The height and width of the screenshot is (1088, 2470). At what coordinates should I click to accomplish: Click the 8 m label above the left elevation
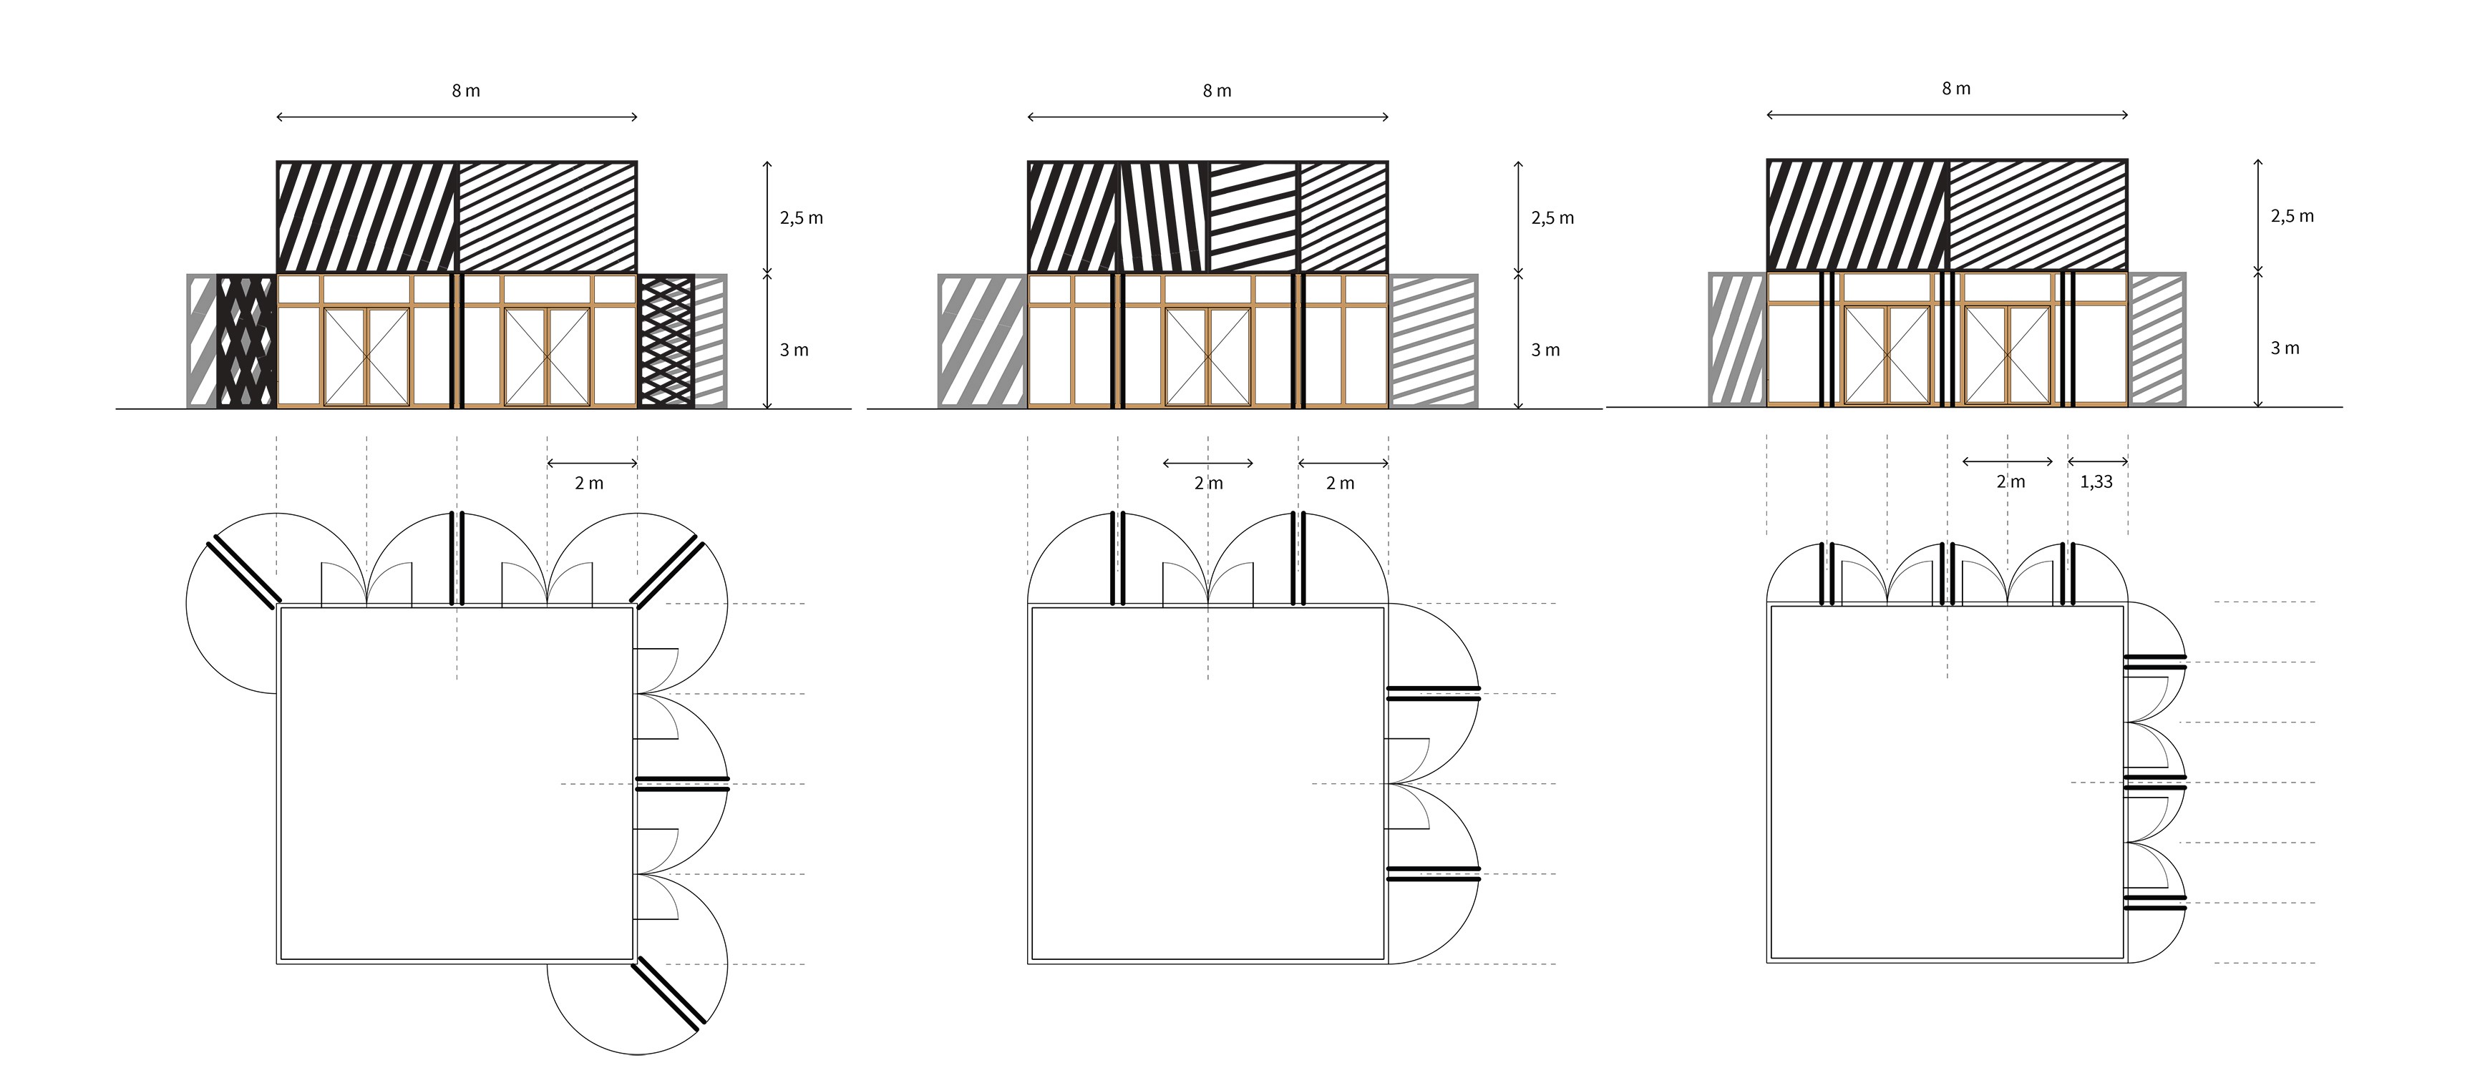click(466, 91)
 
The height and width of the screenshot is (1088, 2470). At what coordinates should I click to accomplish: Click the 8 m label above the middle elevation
click(1217, 91)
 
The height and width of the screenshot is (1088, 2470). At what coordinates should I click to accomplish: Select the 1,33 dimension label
click(2096, 482)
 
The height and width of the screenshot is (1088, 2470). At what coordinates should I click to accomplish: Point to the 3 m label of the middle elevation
click(1545, 351)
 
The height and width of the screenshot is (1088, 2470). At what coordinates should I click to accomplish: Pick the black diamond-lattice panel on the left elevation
click(246, 341)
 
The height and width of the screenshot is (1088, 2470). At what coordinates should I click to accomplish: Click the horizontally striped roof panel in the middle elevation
click(1253, 217)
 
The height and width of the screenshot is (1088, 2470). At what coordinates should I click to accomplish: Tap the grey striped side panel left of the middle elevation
click(982, 341)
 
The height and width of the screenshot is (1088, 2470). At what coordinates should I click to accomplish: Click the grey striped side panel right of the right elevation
click(2157, 339)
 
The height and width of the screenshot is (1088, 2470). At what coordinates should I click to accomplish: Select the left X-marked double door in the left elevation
click(366, 357)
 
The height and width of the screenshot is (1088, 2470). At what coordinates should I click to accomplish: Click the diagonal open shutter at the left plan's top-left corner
click(243, 572)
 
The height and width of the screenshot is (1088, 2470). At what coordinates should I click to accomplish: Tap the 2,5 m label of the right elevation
click(2292, 217)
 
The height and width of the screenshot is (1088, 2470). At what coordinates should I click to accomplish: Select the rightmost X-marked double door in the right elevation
click(2007, 355)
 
